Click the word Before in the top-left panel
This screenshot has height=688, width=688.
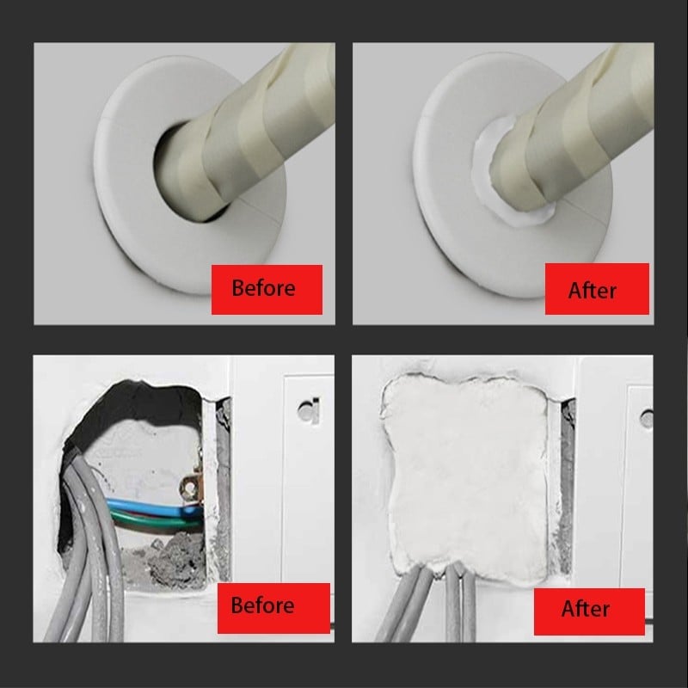pyautogui.click(x=263, y=288)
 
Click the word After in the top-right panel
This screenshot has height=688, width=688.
pyautogui.click(x=592, y=291)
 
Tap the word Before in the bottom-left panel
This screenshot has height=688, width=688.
pyautogui.click(x=262, y=605)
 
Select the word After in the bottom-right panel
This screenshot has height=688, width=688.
pyautogui.click(x=586, y=609)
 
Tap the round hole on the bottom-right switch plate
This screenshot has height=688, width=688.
pyautogui.click(x=647, y=418)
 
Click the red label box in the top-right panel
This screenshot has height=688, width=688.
pyautogui.click(x=597, y=289)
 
